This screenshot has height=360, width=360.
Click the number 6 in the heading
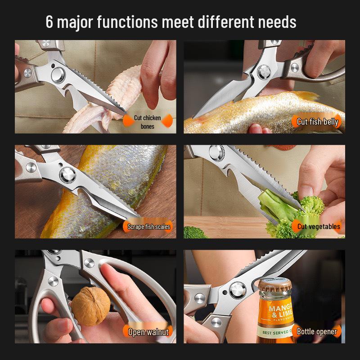(49, 22)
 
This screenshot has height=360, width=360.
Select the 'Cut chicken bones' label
(147, 122)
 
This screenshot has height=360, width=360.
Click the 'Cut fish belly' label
(317, 122)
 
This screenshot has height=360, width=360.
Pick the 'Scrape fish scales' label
(148, 227)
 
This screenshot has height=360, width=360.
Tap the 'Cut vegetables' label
(319, 226)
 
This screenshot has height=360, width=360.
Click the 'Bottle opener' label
(317, 332)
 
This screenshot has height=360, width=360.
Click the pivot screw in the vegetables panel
(216, 152)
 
